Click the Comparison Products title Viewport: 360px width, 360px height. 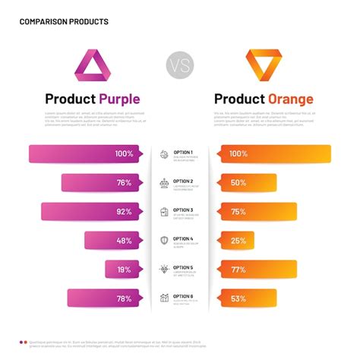point(64,21)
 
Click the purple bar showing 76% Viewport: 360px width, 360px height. point(100,183)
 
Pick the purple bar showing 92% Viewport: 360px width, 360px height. point(90,212)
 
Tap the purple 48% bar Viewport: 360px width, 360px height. point(112,241)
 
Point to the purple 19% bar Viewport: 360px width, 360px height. point(121,270)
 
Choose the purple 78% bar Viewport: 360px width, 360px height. point(103,298)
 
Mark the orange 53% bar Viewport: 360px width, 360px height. point(248,298)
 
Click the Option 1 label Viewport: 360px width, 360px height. point(183,152)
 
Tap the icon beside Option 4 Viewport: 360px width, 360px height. point(164,241)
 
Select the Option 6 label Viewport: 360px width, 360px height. point(183,296)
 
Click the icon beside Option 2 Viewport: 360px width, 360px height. point(164,183)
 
